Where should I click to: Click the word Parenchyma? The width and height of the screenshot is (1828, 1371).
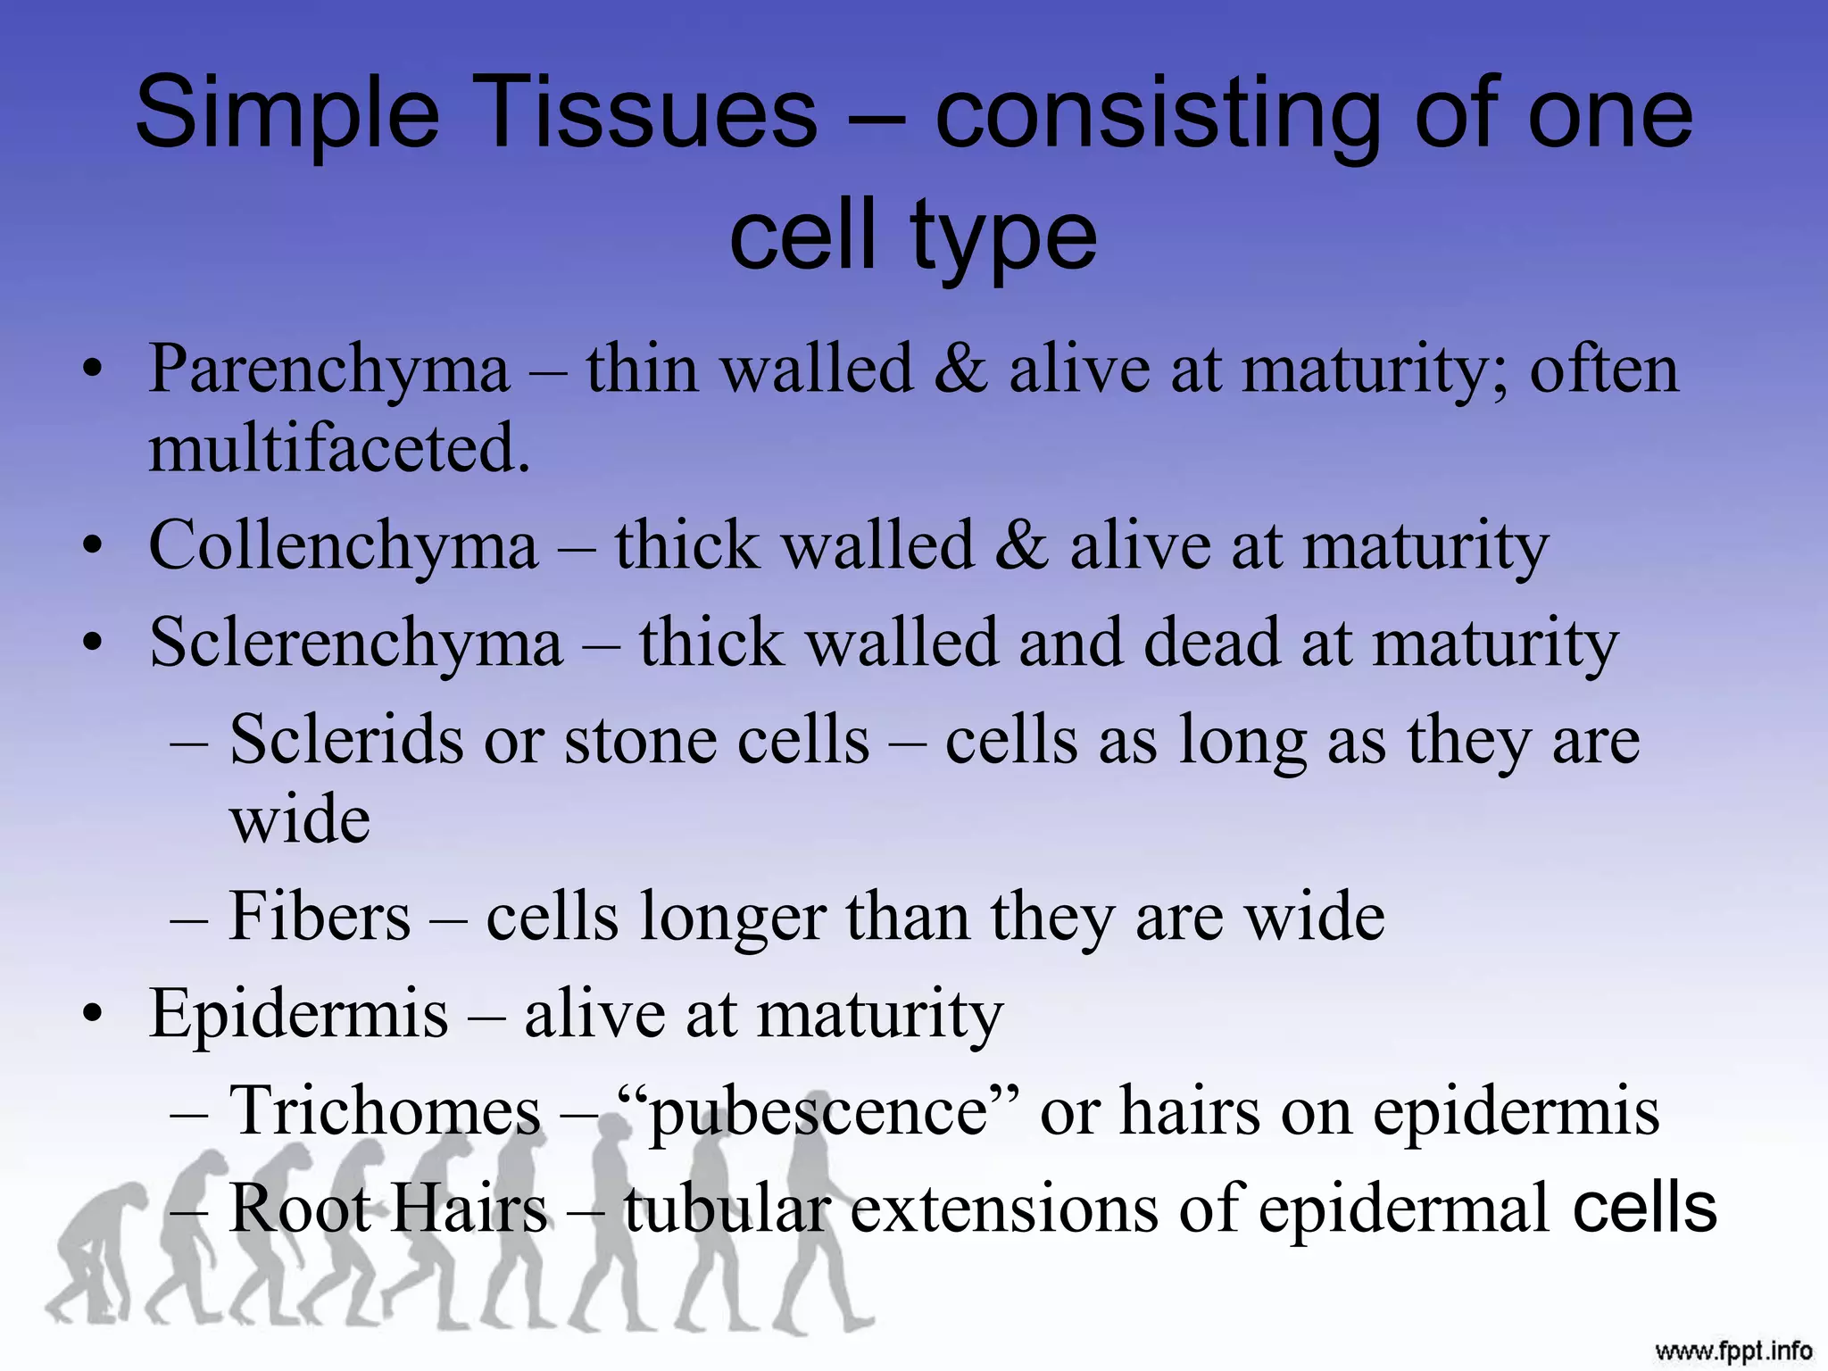pos(328,370)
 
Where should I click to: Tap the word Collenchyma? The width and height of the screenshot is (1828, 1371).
pos(344,546)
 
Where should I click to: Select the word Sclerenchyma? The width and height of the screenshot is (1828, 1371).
pos(356,644)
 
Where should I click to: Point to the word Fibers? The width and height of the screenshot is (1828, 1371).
pos(320,918)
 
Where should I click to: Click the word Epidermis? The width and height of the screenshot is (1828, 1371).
pos(298,1015)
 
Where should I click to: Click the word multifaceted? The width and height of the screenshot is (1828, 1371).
pos(339,448)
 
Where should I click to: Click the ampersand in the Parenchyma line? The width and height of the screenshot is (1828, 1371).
pos(960,370)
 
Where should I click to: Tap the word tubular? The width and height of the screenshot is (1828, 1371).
pos(727,1209)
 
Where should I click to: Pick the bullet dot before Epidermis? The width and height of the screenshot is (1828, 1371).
pos(92,1016)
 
